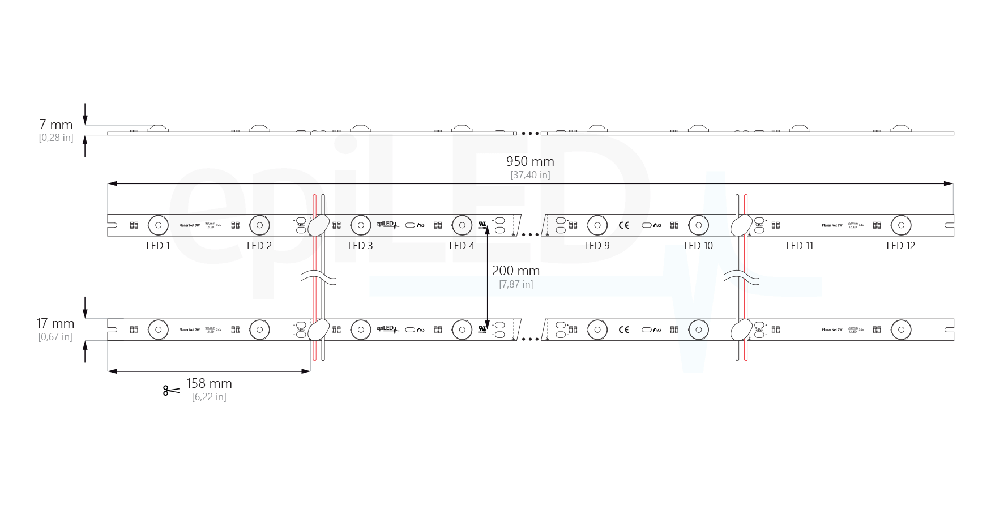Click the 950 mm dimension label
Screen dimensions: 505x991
[530, 162]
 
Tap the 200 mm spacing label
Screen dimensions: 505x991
[515, 271]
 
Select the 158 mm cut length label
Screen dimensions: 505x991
[209, 384]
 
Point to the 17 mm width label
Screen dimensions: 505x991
[55, 323]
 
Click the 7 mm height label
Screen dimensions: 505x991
[56, 125]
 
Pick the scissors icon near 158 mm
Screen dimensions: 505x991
[170, 390]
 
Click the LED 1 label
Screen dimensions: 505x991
[158, 246]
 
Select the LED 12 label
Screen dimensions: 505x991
[900, 246]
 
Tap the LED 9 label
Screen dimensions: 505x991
[597, 246]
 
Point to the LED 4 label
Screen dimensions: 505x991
[462, 246]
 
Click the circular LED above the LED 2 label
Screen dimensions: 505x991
[259, 225]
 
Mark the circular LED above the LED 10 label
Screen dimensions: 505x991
[698, 225]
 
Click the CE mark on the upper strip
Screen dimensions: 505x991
[623, 225]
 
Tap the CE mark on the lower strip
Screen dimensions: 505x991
[623, 329]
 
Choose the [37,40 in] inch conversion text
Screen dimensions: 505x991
[530, 175]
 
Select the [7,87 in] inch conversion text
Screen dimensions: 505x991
[515, 284]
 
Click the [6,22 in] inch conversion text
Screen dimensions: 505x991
[209, 397]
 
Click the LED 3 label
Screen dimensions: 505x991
[360, 246]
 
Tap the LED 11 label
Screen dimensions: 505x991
[799, 246]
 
